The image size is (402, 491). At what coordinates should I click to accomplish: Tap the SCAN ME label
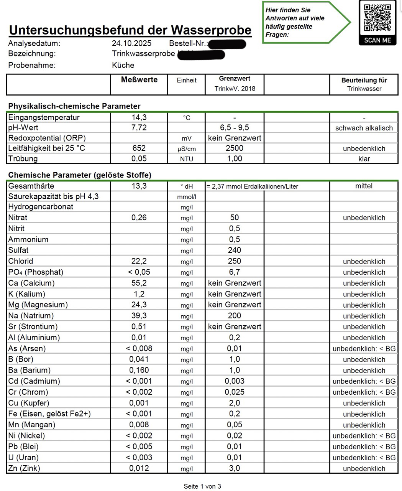(x=377, y=40)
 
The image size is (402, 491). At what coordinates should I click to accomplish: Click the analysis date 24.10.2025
(x=131, y=43)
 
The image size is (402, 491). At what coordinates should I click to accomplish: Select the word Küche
(x=123, y=65)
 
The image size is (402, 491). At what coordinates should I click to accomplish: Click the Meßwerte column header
(x=139, y=80)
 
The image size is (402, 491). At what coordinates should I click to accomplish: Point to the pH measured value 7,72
(x=139, y=128)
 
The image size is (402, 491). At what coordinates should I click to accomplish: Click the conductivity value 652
(x=139, y=148)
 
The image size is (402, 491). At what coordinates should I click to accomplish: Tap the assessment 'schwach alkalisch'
(x=364, y=128)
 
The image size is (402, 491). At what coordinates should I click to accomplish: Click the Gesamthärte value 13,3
(x=139, y=186)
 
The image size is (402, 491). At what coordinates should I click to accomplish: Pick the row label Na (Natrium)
(x=31, y=316)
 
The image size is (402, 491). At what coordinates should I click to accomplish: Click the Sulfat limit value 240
(x=235, y=250)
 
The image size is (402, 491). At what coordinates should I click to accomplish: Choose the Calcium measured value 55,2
(x=139, y=283)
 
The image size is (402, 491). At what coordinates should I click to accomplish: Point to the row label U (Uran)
(x=23, y=458)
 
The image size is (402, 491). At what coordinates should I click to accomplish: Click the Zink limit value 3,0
(x=235, y=468)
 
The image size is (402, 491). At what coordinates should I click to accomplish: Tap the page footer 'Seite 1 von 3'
(x=202, y=486)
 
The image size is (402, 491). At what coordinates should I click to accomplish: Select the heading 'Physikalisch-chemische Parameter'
(x=74, y=106)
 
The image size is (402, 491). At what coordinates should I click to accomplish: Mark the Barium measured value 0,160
(x=139, y=371)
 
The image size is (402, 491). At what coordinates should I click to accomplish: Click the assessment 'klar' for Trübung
(x=364, y=159)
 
